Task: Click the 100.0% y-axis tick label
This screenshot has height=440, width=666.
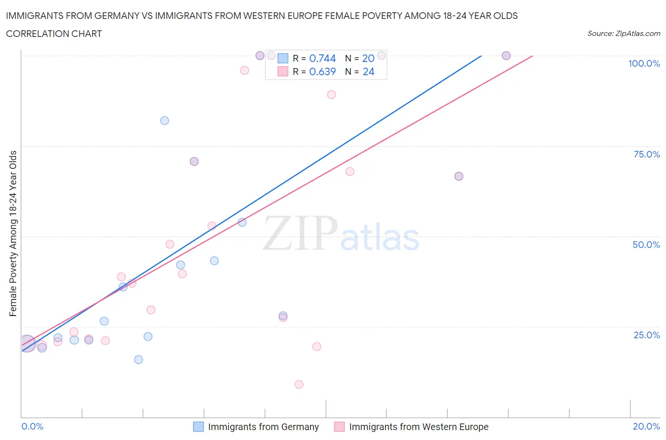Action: (644, 63)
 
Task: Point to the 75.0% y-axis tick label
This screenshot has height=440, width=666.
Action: (647, 154)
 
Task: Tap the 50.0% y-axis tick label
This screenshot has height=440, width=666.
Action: (646, 245)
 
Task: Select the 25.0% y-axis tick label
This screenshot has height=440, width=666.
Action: (647, 335)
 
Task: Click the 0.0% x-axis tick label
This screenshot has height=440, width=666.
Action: (32, 426)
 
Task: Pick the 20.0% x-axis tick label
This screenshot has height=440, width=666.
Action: (646, 426)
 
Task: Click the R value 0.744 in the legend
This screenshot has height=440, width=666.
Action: (322, 58)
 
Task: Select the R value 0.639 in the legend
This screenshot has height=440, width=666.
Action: (322, 71)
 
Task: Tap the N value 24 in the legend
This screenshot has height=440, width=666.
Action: (368, 71)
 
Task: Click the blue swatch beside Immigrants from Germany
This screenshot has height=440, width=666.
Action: (198, 427)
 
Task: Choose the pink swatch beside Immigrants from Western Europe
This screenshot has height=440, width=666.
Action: (339, 427)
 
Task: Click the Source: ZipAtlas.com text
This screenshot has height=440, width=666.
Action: (623, 34)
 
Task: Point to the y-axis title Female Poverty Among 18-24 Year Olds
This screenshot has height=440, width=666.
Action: (13, 233)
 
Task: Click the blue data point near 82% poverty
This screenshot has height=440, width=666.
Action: (164, 121)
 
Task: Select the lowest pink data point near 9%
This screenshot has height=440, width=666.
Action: (299, 385)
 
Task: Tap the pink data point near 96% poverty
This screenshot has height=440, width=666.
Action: (244, 70)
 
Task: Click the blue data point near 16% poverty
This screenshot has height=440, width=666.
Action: (138, 360)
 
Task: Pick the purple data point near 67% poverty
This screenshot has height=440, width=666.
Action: (459, 176)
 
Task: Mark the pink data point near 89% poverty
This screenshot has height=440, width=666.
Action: (332, 95)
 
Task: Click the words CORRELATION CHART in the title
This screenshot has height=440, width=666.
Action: (54, 34)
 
